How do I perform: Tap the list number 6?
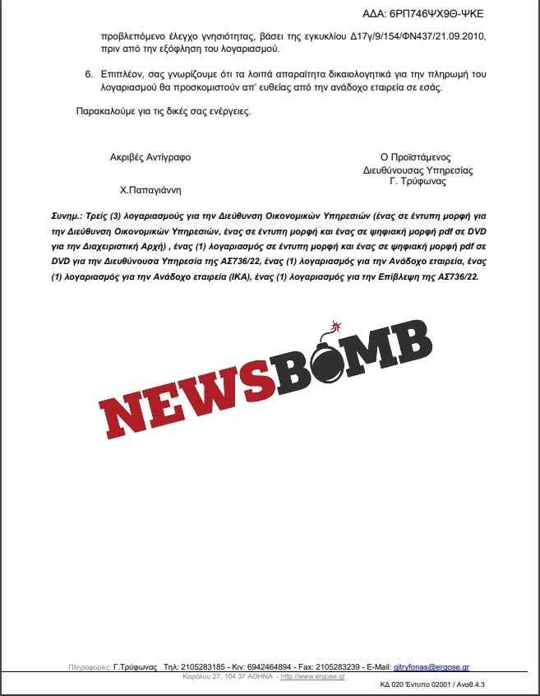89,75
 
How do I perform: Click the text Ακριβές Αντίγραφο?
150,157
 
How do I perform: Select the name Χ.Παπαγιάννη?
150,189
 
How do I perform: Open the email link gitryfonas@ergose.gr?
432,666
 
